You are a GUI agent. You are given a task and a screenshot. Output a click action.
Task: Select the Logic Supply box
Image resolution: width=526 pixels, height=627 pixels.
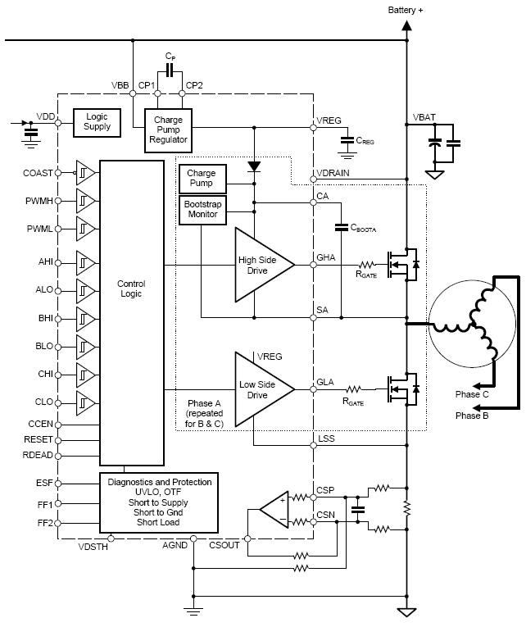(97, 121)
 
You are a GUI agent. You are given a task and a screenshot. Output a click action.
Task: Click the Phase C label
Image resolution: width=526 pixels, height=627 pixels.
(472, 394)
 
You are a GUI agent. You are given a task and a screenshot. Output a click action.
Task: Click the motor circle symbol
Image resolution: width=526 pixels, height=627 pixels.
(469, 325)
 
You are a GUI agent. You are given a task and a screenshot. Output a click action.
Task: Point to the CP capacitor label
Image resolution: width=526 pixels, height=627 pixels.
(170, 56)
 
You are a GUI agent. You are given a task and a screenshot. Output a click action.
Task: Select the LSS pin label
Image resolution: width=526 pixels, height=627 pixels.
(325, 438)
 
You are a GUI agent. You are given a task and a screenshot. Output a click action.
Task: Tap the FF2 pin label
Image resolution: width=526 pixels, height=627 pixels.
(44, 521)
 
